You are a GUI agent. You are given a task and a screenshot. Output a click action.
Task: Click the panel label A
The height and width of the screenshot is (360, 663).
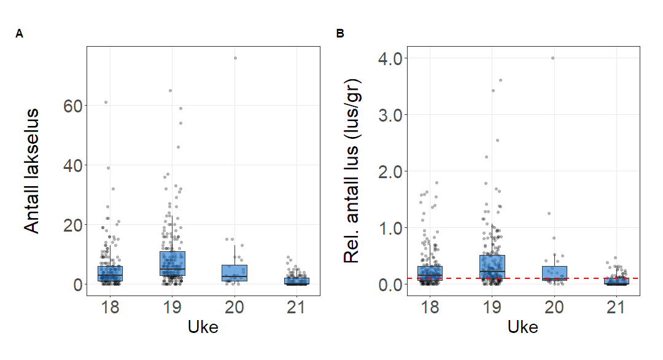20,34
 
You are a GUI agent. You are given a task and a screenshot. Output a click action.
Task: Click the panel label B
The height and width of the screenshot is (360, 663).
340,34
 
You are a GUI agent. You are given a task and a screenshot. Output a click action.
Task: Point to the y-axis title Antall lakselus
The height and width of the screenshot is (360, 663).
33,170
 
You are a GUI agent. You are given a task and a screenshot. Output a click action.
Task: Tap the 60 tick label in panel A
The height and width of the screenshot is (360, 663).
72,106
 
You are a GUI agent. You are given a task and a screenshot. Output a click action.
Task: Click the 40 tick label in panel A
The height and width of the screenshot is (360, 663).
72,165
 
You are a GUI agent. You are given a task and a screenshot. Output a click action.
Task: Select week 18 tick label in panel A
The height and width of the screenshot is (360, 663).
110,308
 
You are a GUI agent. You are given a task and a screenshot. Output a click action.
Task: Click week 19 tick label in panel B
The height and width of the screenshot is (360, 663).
492,308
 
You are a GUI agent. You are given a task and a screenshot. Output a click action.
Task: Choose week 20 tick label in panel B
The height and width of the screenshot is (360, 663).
554,308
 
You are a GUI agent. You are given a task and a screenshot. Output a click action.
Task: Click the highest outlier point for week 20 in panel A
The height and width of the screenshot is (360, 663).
235,58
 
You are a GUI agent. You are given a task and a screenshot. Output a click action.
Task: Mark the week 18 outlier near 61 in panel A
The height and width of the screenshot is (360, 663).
106,102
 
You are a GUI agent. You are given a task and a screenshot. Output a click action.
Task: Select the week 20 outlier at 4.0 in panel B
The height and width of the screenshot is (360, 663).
552,58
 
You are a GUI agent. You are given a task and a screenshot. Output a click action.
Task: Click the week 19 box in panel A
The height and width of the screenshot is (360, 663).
173,264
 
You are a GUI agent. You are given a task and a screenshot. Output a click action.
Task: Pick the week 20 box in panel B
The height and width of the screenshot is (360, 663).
554,273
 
